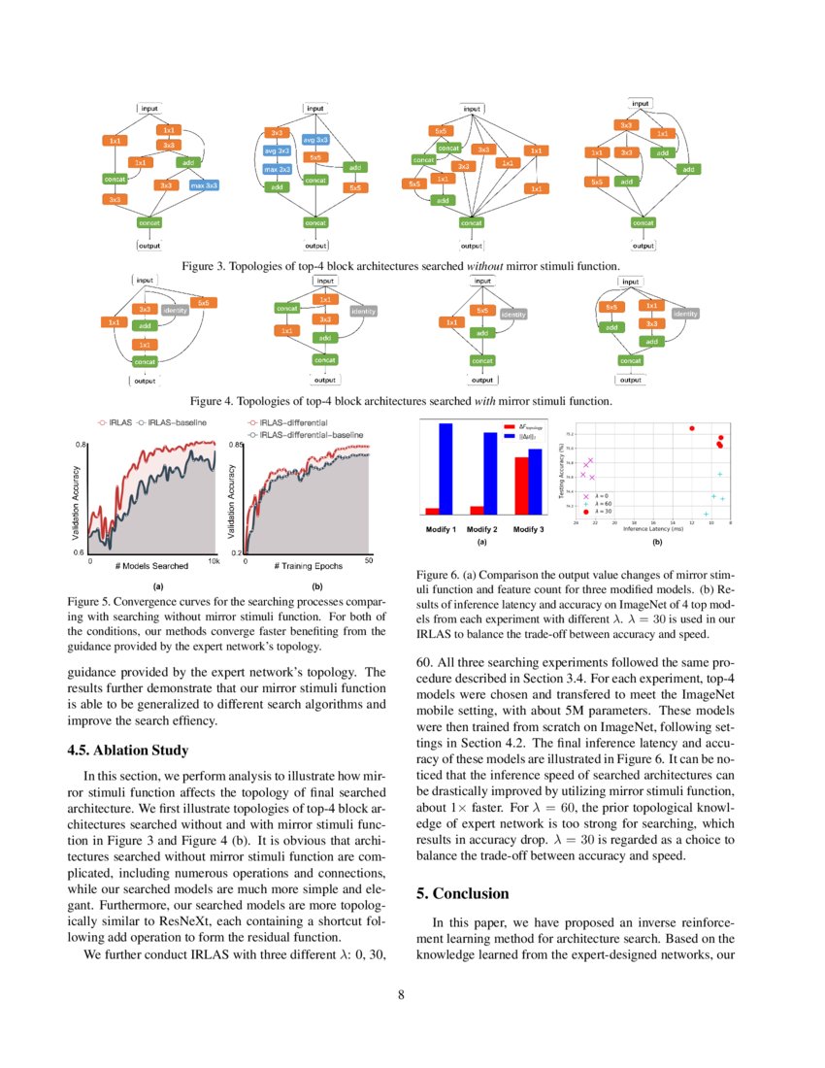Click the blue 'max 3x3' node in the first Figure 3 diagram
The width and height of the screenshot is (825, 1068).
[203, 184]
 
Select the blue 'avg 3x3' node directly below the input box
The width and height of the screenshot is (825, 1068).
[315, 139]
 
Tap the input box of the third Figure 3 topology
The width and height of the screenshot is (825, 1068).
[472, 110]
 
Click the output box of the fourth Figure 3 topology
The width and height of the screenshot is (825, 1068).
[643, 246]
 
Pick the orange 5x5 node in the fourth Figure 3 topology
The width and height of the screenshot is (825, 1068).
[598, 182]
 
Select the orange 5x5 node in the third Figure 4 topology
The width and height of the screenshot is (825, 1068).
[482, 311]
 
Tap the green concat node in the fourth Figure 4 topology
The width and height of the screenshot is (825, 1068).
[630, 360]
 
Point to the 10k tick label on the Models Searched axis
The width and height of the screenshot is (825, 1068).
[214, 561]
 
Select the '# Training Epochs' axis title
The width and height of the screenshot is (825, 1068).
[307, 565]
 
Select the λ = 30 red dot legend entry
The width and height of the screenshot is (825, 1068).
[597, 511]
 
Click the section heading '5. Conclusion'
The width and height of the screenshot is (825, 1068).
[465, 892]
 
